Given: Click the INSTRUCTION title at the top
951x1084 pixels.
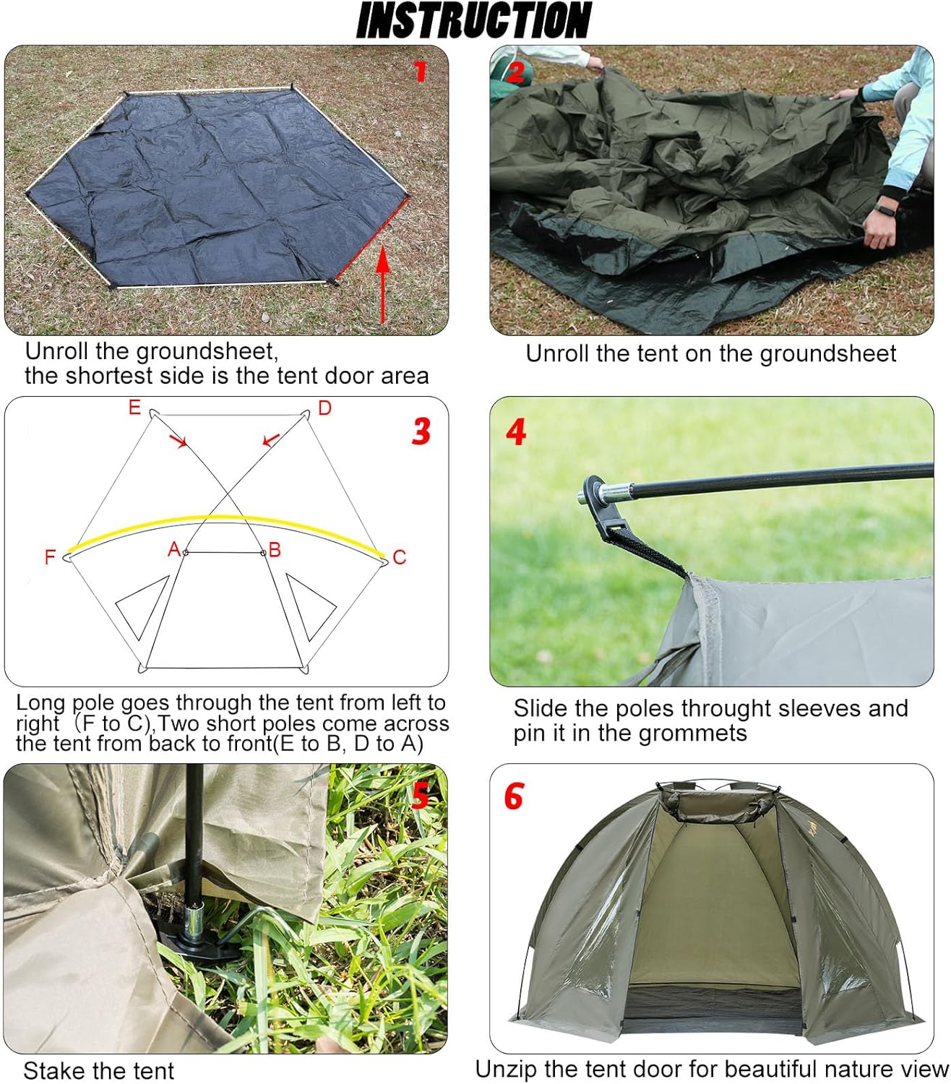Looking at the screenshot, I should tap(474, 20).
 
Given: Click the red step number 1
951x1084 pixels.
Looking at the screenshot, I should tap(420, 71).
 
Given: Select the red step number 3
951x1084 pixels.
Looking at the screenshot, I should tap(421, 431).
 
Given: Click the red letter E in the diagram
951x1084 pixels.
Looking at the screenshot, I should tap(134, 408).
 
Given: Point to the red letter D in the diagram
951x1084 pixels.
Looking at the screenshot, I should tap(324, 408).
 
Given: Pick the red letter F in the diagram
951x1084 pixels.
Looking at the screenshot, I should tap(50, 557).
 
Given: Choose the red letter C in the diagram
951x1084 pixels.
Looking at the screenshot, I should tap(400, 557).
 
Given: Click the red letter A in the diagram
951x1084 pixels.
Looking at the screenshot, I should tap(173, 550).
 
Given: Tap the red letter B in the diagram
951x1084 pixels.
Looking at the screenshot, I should tap(275, 551).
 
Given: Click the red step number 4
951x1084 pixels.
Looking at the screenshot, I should tap(516, 431).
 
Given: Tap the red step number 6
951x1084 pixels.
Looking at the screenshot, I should tap(513, 796).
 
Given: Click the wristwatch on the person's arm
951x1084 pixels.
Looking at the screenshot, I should tap(886, 209).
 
